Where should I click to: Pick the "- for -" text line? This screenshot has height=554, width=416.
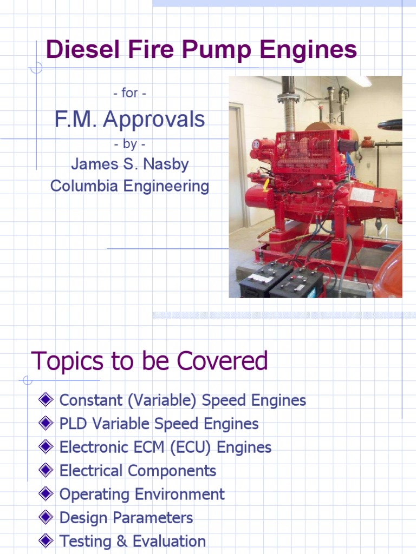tap(129, 93)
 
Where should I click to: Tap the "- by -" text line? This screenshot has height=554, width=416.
tap(129, 144)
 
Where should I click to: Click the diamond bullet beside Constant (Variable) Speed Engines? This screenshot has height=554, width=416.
tap(46, 400)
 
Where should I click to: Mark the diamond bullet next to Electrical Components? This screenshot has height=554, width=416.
tap(46, 471)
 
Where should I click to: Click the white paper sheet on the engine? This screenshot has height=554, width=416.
tap(362, 195)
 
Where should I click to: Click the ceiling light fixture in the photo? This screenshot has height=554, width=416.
tap(360, 81)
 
